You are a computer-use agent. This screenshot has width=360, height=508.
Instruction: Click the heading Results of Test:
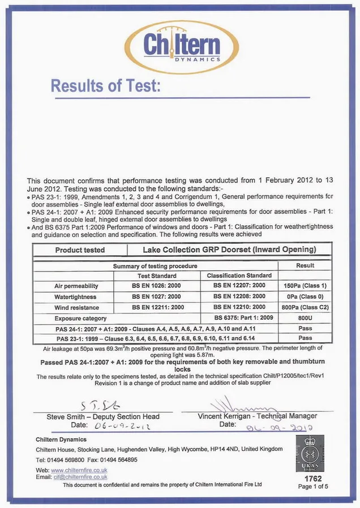click(106, 86)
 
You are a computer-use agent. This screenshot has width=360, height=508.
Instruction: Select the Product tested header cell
click(80, 250)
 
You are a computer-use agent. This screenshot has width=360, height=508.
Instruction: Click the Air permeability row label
click(76, 286)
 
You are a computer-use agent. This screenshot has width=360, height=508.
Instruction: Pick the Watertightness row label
click(75, 297)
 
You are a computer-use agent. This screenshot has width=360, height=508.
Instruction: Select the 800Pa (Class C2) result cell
click(305, 308)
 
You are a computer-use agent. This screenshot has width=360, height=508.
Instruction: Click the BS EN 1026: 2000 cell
click(156, 286)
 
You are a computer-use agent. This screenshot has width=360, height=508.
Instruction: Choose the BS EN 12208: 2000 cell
click(239, 297)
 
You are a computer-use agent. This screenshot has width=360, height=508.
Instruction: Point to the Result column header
click(305, 265)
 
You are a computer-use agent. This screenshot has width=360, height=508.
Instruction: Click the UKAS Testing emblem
click(310, 454)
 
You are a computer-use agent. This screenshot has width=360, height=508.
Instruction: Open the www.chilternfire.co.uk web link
click(79, 471)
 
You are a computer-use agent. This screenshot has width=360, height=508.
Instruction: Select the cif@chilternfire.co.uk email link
click(80, 477)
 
